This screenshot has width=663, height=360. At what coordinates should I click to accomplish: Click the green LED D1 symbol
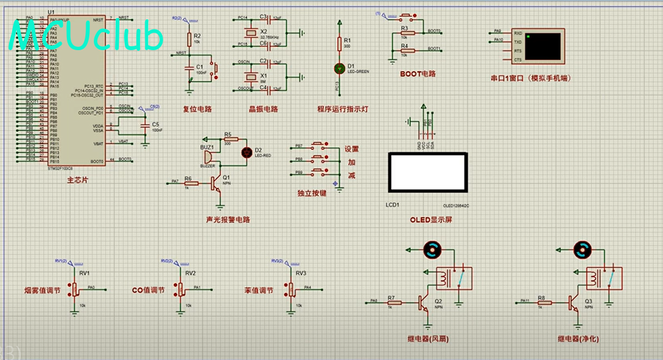340,67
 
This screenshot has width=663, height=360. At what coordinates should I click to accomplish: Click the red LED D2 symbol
247,152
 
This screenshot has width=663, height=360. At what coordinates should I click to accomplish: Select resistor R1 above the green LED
340,44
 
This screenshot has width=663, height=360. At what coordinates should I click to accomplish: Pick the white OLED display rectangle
428,172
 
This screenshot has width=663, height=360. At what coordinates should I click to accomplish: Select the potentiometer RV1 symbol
76,290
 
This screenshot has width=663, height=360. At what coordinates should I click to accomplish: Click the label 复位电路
197,109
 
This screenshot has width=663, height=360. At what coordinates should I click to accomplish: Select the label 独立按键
312,192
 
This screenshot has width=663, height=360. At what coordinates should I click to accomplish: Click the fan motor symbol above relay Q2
431,250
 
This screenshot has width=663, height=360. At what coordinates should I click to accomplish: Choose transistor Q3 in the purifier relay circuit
573,302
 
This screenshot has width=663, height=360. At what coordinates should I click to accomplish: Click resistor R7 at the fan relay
393,301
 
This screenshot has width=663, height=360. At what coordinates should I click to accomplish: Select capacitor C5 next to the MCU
145,127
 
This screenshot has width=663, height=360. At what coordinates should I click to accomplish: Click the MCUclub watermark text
87,39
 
